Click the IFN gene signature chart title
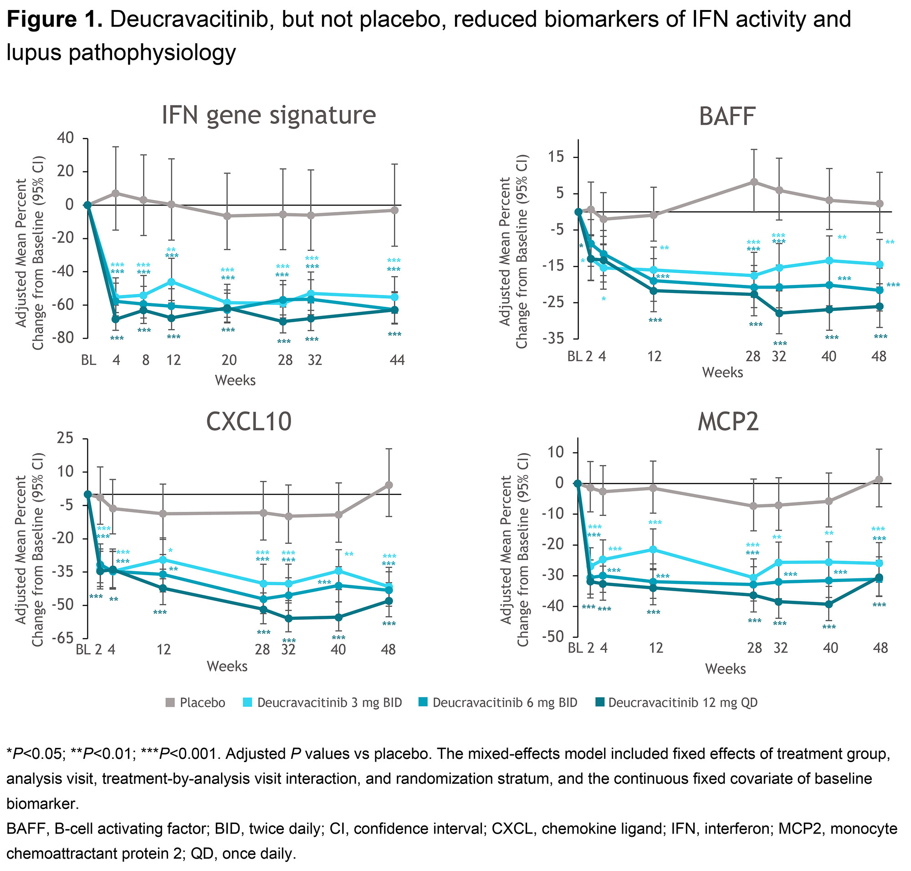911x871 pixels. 268,115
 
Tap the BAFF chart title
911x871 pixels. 727,117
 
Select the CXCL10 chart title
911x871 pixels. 249,422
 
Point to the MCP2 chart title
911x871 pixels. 728,422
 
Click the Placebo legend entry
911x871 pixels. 195,702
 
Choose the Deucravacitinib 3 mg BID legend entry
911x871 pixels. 322,702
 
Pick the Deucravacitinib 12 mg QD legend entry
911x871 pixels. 676,702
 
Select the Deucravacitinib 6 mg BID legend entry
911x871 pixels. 498,702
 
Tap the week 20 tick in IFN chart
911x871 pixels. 229,360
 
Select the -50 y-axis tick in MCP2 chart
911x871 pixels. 555,637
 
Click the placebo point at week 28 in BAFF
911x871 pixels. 754,182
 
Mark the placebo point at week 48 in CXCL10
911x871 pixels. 389,484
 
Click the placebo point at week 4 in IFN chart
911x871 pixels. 116,193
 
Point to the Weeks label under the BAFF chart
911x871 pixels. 722,372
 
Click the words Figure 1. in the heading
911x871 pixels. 54,20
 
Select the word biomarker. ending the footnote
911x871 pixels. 42,804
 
